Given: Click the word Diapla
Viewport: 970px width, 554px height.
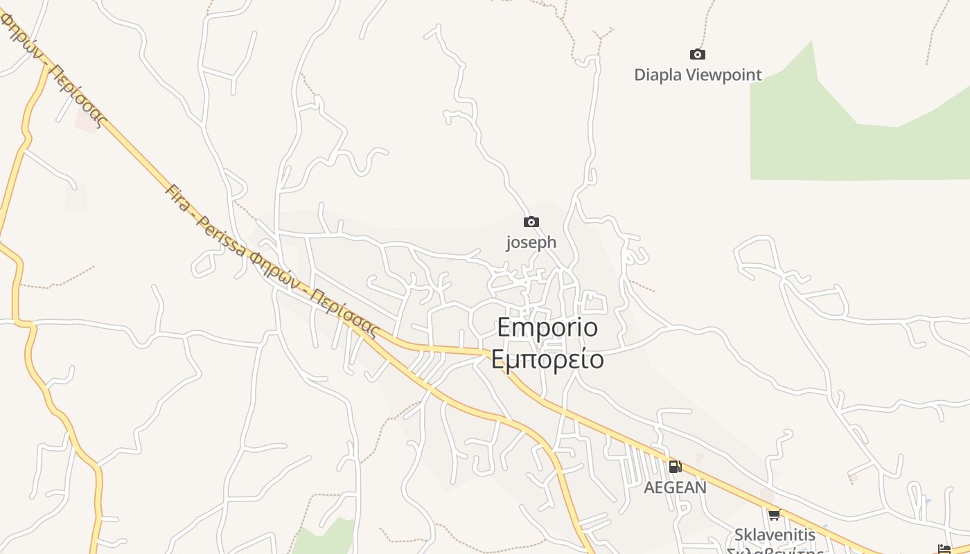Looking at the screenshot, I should [658, 75].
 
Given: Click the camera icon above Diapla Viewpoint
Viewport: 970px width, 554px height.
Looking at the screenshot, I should [698, 54].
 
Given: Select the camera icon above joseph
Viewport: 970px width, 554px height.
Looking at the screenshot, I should [531, 222].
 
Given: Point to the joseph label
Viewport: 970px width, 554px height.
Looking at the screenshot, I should [531, 242].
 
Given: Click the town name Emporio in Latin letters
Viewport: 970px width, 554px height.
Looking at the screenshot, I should [547, 328].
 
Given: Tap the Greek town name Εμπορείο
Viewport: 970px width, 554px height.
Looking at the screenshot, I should [547, 359].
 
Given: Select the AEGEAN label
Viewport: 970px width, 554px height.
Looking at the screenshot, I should [676, 488].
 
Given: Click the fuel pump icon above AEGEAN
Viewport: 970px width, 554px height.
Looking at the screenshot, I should [675, 467].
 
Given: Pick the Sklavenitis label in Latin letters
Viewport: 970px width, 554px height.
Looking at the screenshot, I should [775, 535].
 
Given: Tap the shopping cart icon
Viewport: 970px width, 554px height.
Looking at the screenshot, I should [774, 515].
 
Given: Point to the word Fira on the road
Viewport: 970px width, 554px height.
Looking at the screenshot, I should [178, 199].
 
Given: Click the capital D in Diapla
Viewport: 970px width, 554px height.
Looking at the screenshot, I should [640, 75].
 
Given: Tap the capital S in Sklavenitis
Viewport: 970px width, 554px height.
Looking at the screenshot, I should [739, 535].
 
